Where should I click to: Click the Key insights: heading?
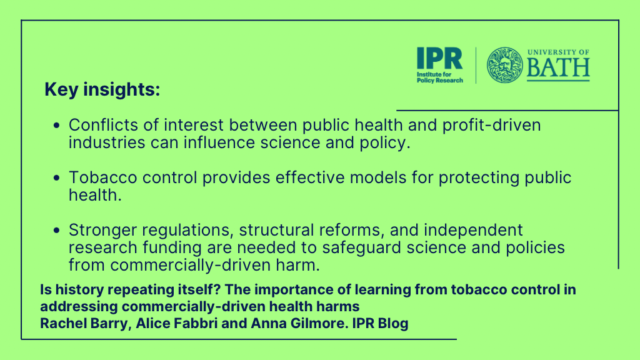[x=102, y=90]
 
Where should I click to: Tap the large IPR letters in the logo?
[x=439, y=58]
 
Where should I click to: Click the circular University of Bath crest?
[x=504, y=65]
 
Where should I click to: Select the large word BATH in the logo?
[x=558, y=67]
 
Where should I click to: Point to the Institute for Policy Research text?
[x=439, y=77]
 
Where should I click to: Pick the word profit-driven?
[x=491, y=125]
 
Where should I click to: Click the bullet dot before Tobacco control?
[x=57, y=177]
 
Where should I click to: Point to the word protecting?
[x=479, y=178]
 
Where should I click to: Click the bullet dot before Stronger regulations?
[x=57, y=230]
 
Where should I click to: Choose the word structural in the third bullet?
[x=276, y=230]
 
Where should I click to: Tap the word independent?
[x=473, y=231]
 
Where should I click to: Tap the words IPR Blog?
[x=381, y=323]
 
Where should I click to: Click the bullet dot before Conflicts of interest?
[x=57, y=125]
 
